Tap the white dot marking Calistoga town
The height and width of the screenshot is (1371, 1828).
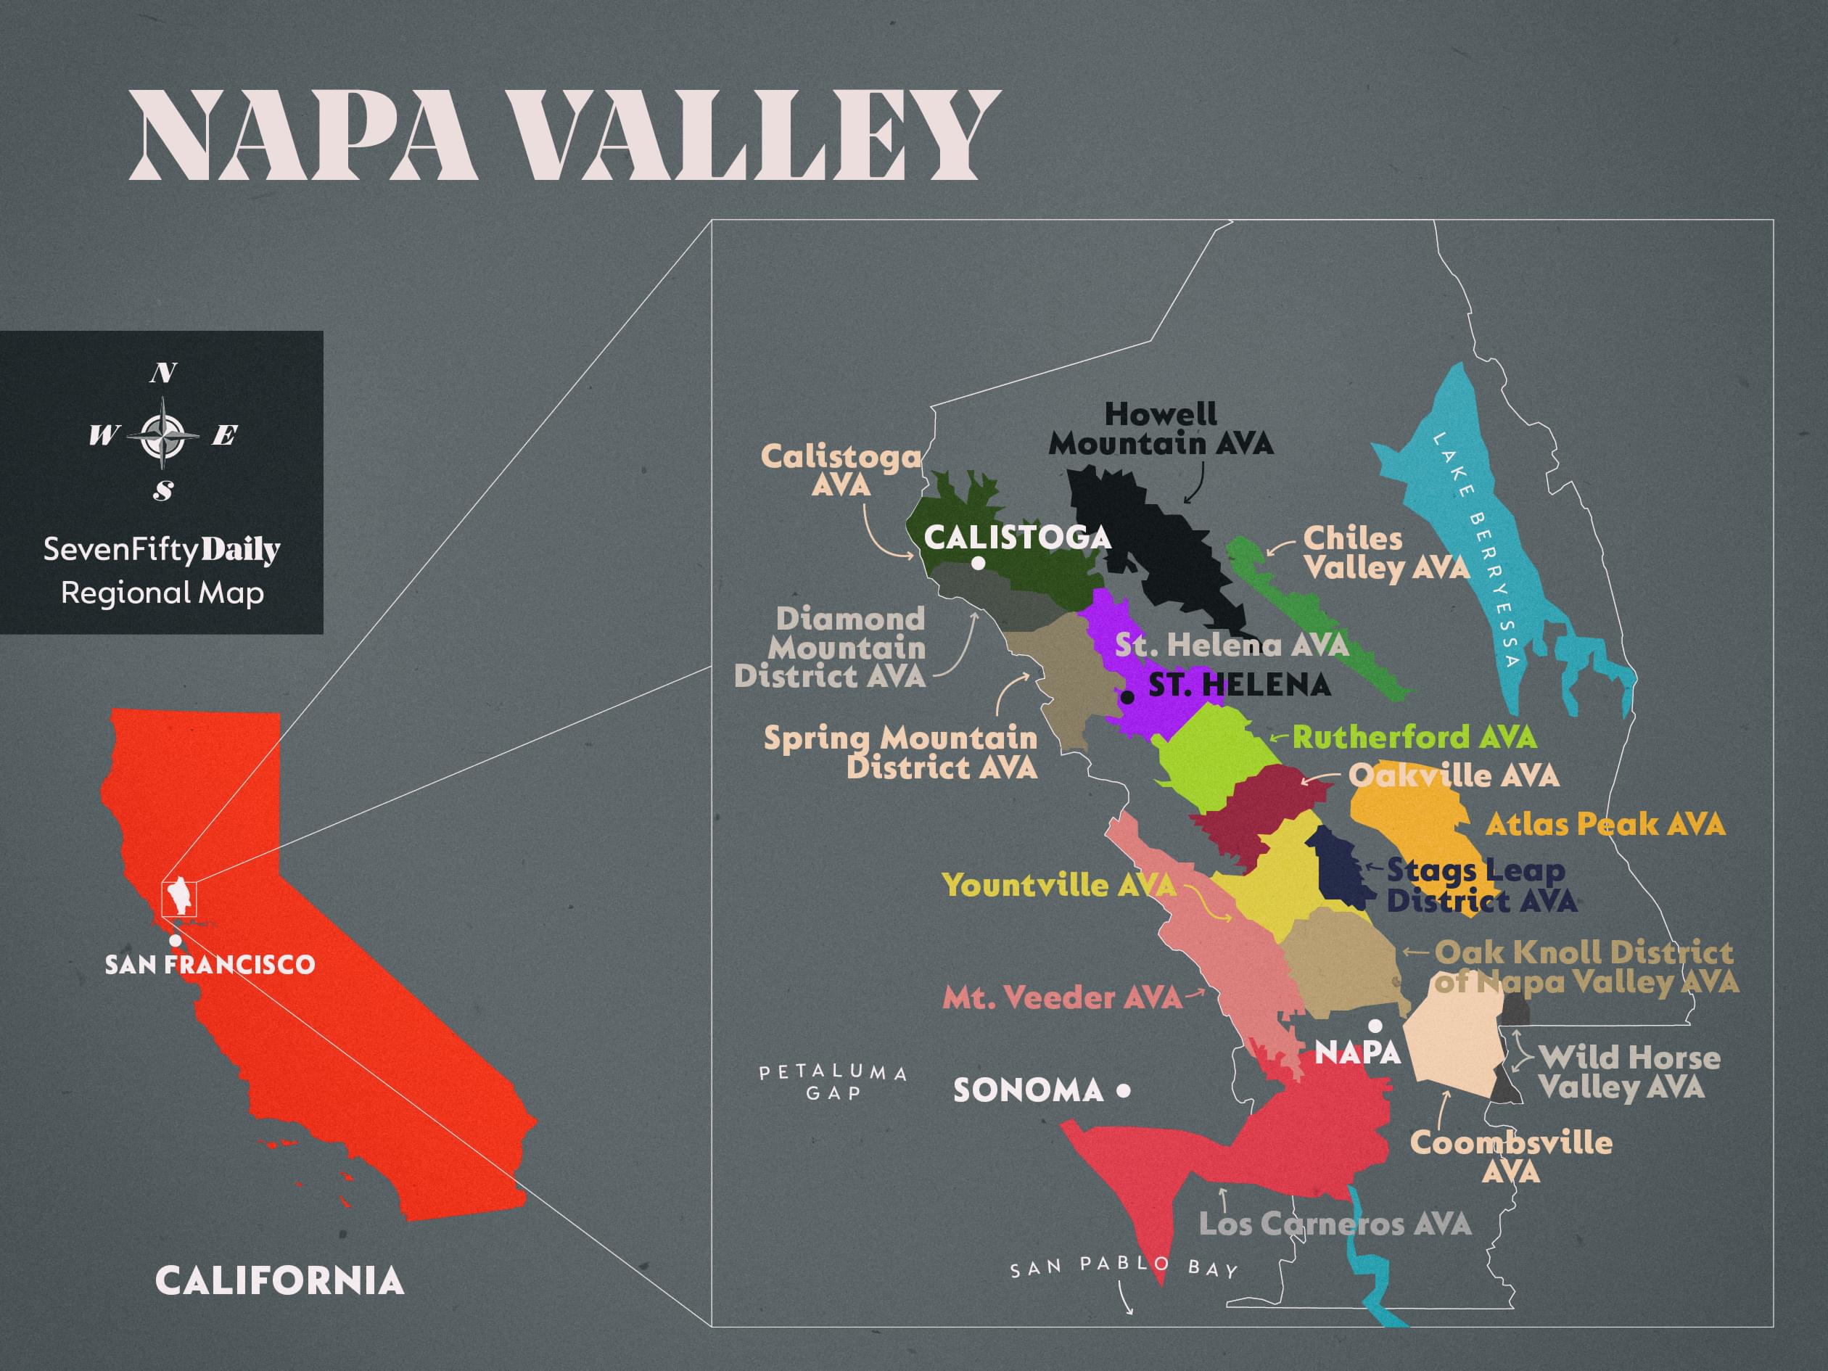(x=978, y=564)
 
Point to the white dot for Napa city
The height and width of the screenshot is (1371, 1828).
(x=1375, y=1026)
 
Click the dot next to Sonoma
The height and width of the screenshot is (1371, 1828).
(x=1123, y=1091)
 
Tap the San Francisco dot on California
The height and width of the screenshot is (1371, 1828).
(x=176, y=940)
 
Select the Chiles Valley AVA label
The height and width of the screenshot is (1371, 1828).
(x=1386, y=553)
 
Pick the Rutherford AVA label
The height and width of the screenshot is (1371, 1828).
(x=1414, y=736)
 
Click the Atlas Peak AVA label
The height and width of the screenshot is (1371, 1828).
(x=1605, y=824)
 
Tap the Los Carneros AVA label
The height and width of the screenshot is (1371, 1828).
(x=1335, y=1224)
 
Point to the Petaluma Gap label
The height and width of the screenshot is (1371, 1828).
(x=833, y=1082)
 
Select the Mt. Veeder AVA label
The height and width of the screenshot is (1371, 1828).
(x=1062, y=997)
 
